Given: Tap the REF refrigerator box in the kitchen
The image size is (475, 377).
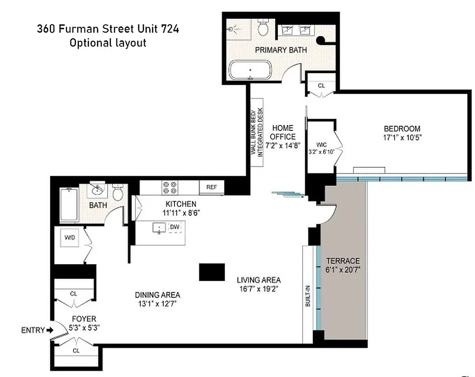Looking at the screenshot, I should coord(211,187).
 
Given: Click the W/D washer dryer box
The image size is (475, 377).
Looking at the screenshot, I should coord(70,238).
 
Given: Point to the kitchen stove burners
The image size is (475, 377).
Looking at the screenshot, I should coord(169,187).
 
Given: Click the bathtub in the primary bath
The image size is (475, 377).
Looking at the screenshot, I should coord(249,71).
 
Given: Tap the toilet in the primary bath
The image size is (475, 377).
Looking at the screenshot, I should coord(264,29).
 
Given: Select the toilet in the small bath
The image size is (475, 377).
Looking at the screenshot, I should coord(118,193).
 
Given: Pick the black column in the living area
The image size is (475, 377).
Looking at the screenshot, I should coord(212,272).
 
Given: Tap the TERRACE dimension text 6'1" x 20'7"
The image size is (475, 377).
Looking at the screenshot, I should coord(343,270).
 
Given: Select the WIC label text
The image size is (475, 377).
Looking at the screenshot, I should coord(322,145).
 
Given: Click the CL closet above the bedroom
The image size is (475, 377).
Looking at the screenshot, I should coord(321,86).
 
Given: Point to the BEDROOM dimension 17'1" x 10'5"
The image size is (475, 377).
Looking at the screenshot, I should coord(402,138).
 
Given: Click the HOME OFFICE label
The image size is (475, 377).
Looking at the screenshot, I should coord(283,132).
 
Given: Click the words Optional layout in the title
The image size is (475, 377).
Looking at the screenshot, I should coord(108,43).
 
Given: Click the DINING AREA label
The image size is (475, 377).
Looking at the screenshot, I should coord(158,295).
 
